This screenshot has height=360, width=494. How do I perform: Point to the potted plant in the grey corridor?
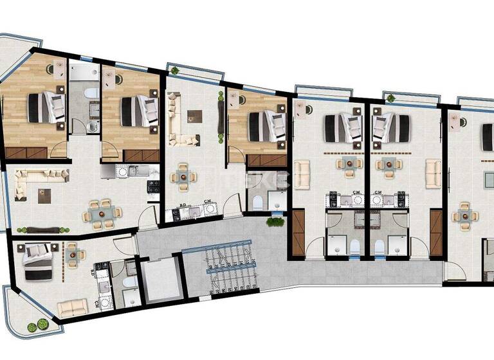275,222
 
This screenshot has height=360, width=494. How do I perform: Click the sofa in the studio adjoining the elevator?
72,308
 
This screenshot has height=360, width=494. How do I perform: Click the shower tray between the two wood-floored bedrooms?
82,71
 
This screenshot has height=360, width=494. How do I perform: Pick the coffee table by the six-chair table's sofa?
44,195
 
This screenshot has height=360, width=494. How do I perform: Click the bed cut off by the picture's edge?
488,134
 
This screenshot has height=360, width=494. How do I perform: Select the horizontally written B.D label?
183,204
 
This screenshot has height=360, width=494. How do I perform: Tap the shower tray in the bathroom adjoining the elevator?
131,296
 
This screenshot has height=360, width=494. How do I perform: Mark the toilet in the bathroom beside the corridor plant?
258,203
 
